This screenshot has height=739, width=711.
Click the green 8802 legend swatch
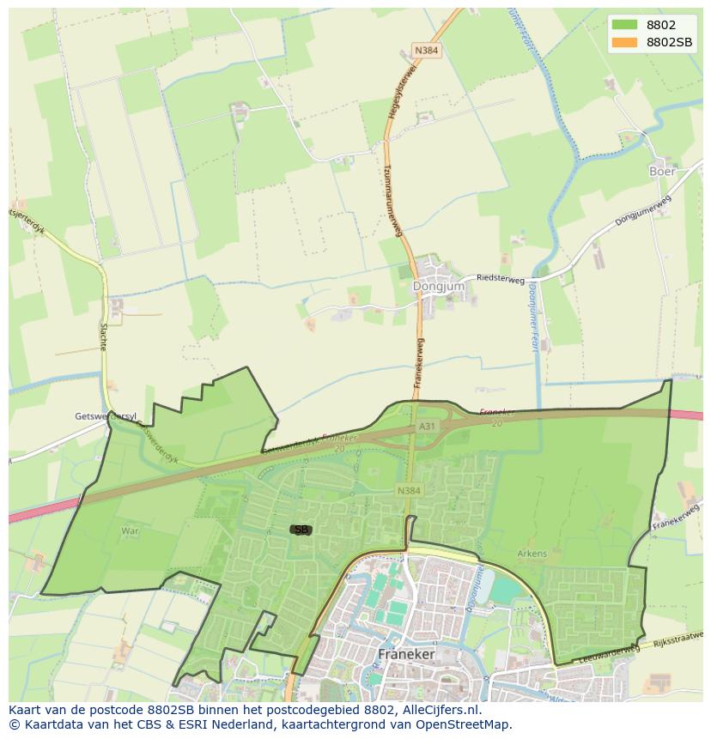coord(625,25)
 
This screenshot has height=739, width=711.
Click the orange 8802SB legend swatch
coord(625,41)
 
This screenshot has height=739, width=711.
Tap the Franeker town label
coord(406,654)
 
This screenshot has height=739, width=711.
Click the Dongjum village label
coord(439,286)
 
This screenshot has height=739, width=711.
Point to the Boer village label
coord(662,171)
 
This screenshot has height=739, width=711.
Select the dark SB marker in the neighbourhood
coord(301,530)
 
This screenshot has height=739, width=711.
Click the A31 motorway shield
coord(427,426)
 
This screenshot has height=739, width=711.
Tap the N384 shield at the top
coord(425,51)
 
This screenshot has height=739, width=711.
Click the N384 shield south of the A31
coord(409,490)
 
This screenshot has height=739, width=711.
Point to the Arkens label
coord(532,554)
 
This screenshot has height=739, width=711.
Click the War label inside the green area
coord(130,531)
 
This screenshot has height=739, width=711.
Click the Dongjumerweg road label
coord(642,211)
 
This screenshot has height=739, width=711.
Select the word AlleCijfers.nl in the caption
coord(441,711)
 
